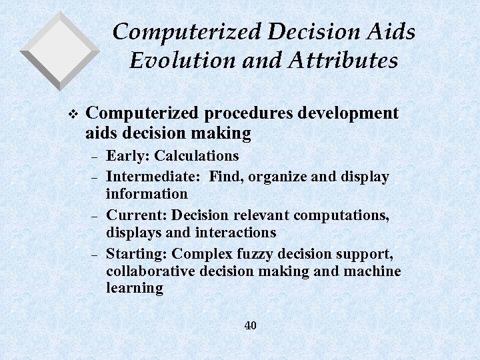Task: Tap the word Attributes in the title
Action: [345, 61]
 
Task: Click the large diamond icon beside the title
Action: [59, 50]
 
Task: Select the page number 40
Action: [250, 325]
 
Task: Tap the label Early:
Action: [128, 156]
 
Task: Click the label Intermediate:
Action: [154, 177]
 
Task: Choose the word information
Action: [147, 194]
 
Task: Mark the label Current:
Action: [137, 215]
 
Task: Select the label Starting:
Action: [137, 254]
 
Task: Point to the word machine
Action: [372, 271]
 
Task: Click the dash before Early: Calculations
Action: [94, 157]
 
